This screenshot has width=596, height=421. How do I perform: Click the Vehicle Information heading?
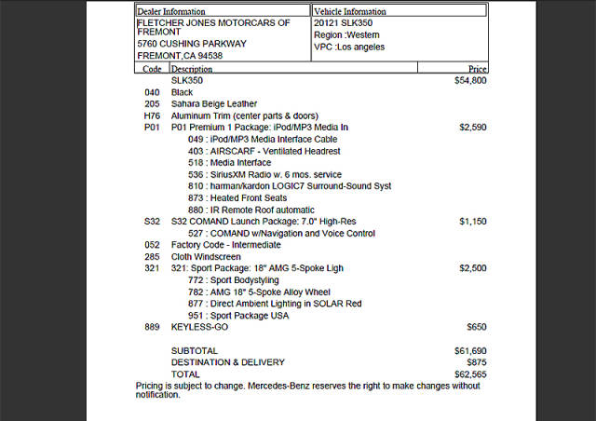pyautogui.click(x=350, y=11)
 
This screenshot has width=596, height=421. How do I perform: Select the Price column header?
pyautogui.click(x=477, y=69)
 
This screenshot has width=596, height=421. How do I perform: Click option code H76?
pyautogui.click(x=153, y=115)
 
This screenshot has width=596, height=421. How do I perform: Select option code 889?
pyautogui.click(x=152, y=327)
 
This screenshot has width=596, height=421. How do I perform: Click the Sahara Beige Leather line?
pyautogui.click(x=214, y=103)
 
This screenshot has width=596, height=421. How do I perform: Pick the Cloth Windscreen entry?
pyautogui.click(x=206, y=256)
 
